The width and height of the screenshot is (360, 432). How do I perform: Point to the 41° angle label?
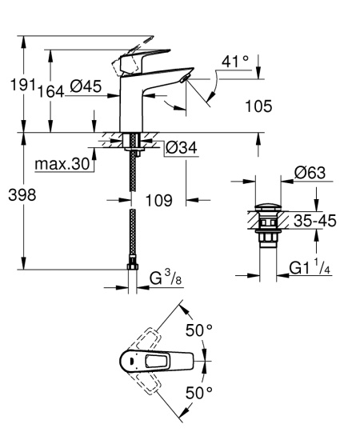236,61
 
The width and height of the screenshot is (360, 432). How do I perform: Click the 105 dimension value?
257,106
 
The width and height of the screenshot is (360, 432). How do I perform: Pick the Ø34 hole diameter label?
182,147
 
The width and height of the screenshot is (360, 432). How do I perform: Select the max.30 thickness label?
60,165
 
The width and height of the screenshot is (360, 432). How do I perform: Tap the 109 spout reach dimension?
159,201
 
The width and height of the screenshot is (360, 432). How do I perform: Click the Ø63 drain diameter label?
307,172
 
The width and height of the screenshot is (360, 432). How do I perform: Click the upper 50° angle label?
198,330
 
